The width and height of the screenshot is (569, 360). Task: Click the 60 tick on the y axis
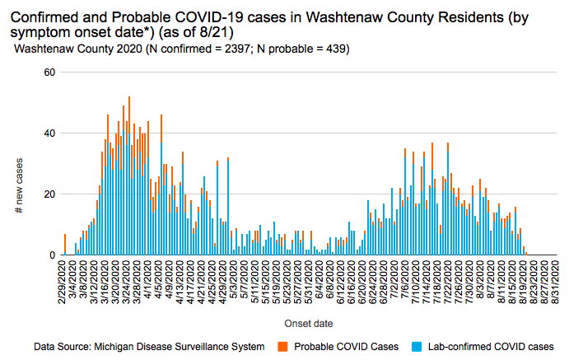[x=49, y=72]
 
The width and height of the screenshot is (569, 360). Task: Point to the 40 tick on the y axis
[x=49, y=133]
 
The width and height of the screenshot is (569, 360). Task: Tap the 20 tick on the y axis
[x=49, y=194]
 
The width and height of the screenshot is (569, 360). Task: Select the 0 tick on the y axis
[x=51, y=255]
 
